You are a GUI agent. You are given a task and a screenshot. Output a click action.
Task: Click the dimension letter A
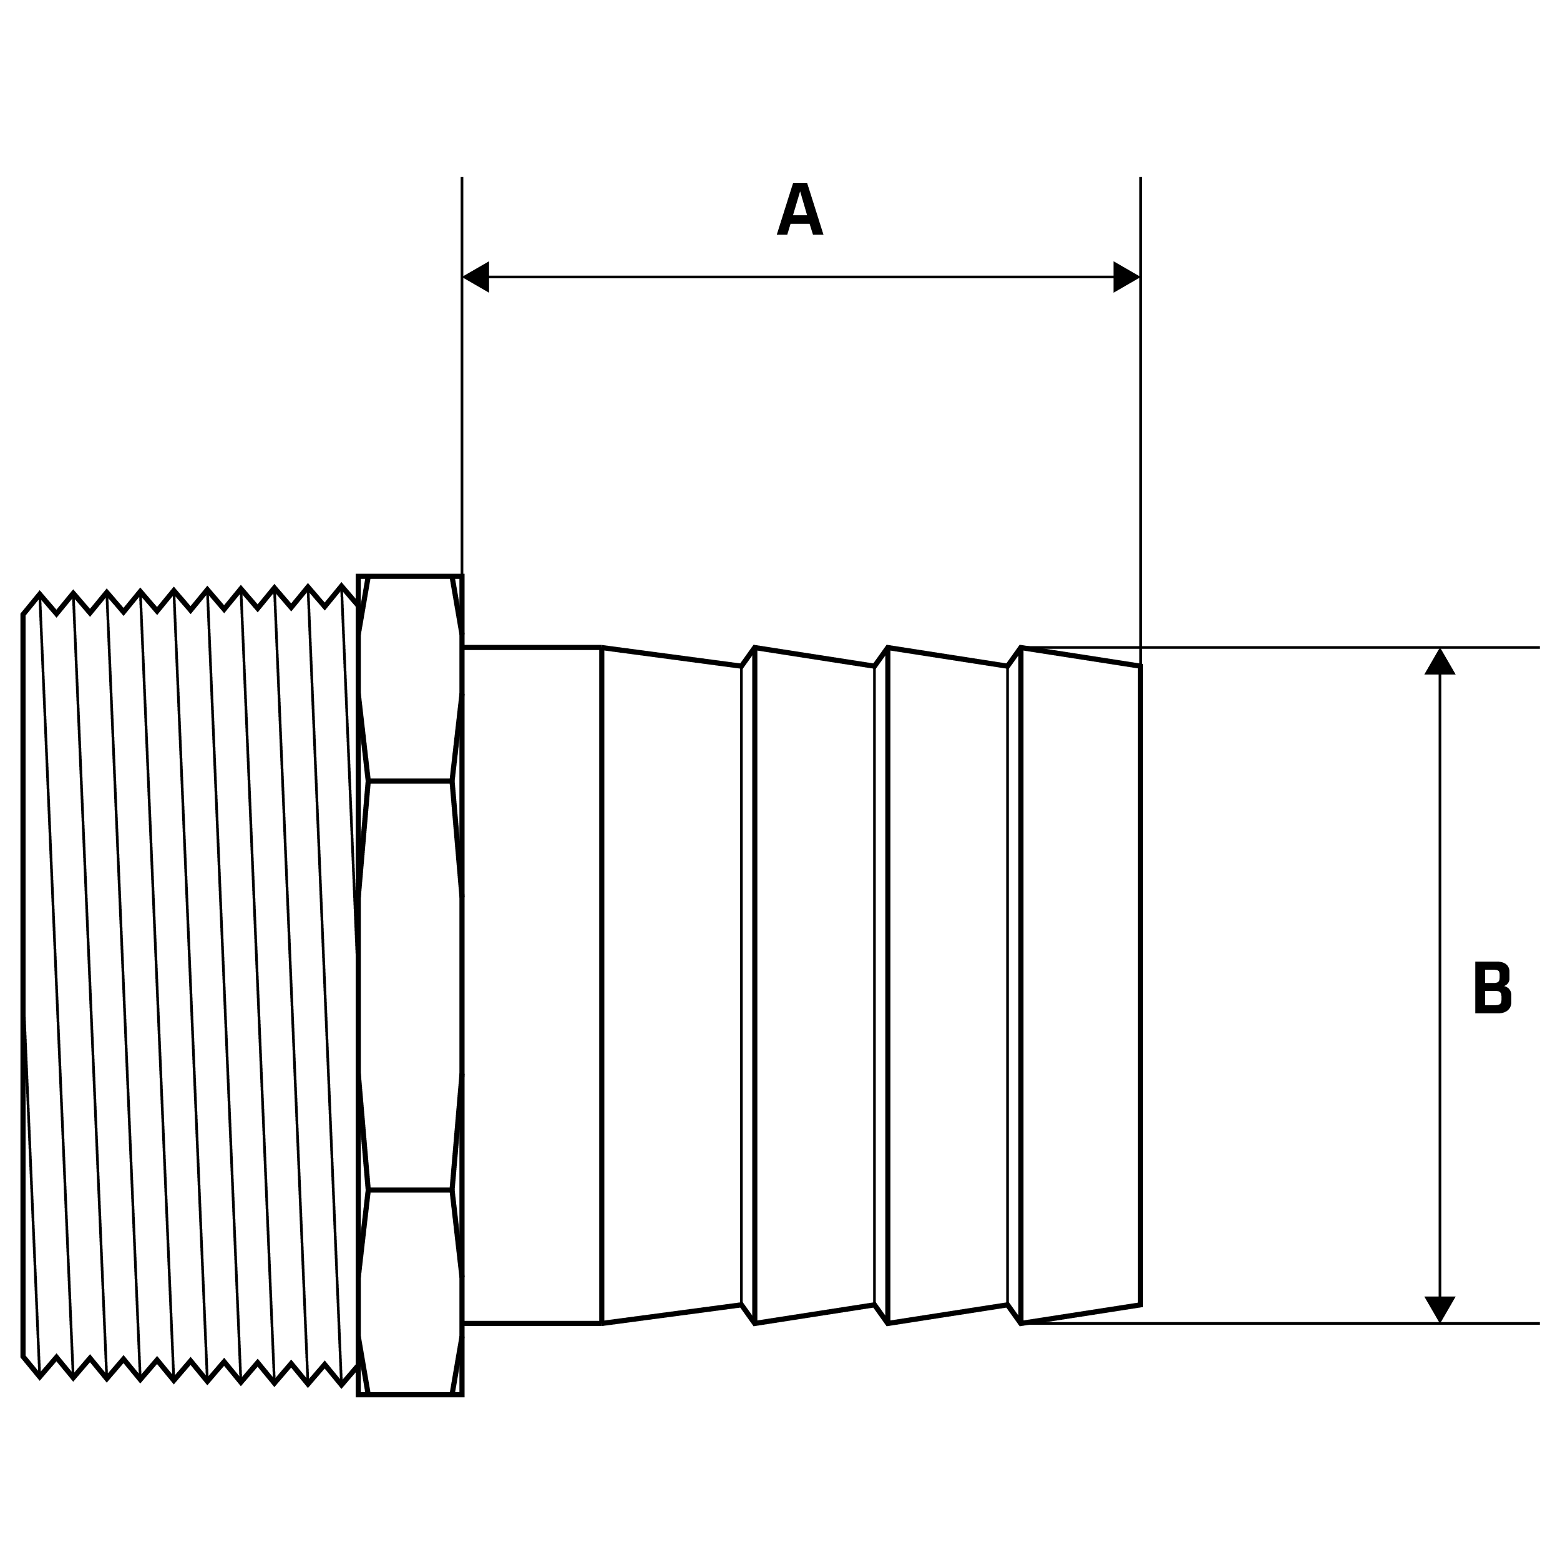pyautogui.click(x=799, y=209)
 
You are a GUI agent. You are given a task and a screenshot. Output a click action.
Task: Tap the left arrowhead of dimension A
pyautogui.click(x=476, y=277)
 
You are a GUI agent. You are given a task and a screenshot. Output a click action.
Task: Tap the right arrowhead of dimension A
pyautogui.click(x=1126, y=277)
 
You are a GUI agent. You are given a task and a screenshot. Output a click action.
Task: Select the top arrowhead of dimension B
pyautogui.click(x=1440, y=662)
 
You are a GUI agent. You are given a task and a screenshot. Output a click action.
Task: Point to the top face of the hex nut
pyautogui.click(x=410, y=678)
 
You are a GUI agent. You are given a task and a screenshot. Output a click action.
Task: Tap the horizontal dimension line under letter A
pyautogui.click(x=799, y=277)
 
